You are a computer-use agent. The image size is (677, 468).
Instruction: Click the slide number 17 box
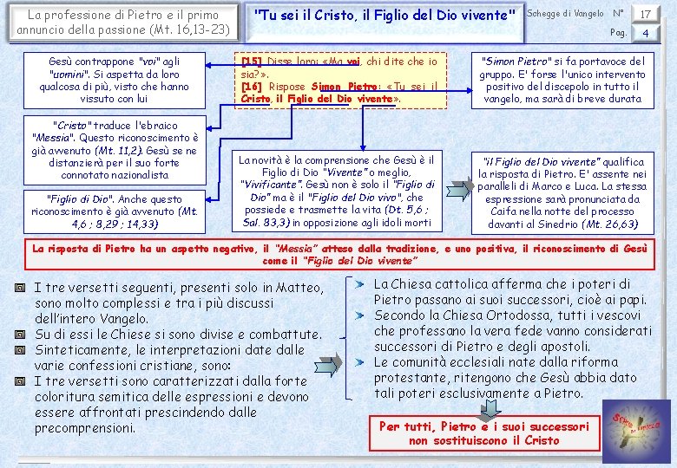tap(645, 14)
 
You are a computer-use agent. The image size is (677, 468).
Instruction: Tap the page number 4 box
tap(645, 34)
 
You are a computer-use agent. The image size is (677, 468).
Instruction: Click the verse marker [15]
tap(252, 62)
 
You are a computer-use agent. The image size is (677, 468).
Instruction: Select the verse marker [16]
tap(252, 88)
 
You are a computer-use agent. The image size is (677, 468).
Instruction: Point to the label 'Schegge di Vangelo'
tap(566, 14)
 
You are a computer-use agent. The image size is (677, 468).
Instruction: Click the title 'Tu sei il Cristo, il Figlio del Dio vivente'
tap(385, 15)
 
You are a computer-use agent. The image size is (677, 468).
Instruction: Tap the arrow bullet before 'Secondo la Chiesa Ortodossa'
tap(359, 315)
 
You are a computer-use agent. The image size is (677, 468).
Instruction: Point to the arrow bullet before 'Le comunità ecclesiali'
tap(359, 362)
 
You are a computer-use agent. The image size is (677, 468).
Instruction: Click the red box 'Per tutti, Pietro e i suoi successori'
tap(483, 433)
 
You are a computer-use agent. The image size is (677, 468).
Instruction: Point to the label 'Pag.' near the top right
tap(618, 34)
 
